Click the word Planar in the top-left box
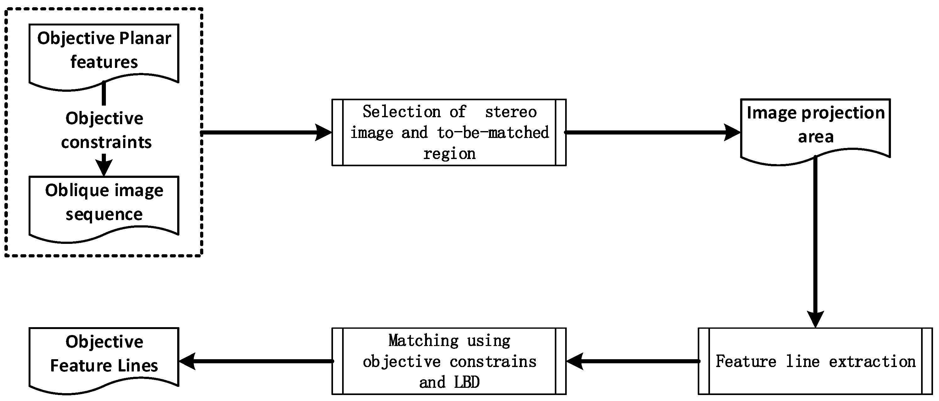coord(145,38)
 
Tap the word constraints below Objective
coord(106,142)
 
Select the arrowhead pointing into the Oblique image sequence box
coord(104,168)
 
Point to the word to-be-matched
coord(493,133)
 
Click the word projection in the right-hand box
coord(843,113)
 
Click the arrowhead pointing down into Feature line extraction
coord(816,319)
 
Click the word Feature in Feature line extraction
coord(746,362)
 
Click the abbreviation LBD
coord(467,382)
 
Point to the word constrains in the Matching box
coord(493,362)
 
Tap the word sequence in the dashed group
coord(104,214)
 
